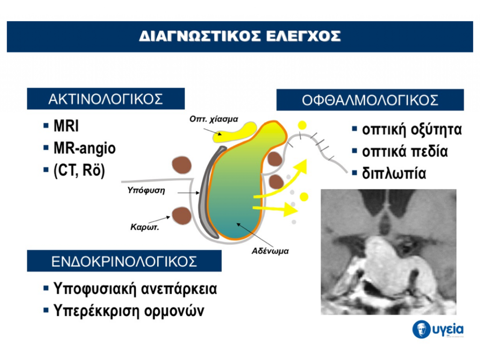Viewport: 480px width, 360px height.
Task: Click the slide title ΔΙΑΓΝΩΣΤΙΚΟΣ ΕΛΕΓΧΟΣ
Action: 240,36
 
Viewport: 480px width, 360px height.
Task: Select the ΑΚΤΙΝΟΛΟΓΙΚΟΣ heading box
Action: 106,98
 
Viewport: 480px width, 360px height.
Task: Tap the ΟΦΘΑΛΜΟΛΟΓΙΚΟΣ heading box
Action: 370,100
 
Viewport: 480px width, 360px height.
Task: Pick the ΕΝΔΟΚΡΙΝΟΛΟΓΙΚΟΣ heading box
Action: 124,261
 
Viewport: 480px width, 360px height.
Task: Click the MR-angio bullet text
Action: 84,148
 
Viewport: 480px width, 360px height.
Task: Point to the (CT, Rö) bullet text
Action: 79,170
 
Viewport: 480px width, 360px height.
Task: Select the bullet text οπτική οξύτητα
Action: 412,129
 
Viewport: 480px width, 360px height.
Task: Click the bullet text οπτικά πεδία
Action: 405,151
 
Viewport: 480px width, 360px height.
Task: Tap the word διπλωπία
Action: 394,173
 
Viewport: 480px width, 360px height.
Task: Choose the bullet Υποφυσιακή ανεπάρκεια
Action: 135,288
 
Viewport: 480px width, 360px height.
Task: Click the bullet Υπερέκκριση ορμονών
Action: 128,311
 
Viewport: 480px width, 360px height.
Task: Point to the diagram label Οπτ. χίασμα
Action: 214,119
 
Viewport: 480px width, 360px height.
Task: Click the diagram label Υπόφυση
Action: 146,190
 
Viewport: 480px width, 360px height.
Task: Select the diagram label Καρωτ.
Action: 144,227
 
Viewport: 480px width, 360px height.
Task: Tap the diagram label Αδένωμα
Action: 270,251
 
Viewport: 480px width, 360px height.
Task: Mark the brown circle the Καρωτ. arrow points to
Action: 181,215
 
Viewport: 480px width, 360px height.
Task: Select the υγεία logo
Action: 438,330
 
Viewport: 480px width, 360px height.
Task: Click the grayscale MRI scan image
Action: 389,252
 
